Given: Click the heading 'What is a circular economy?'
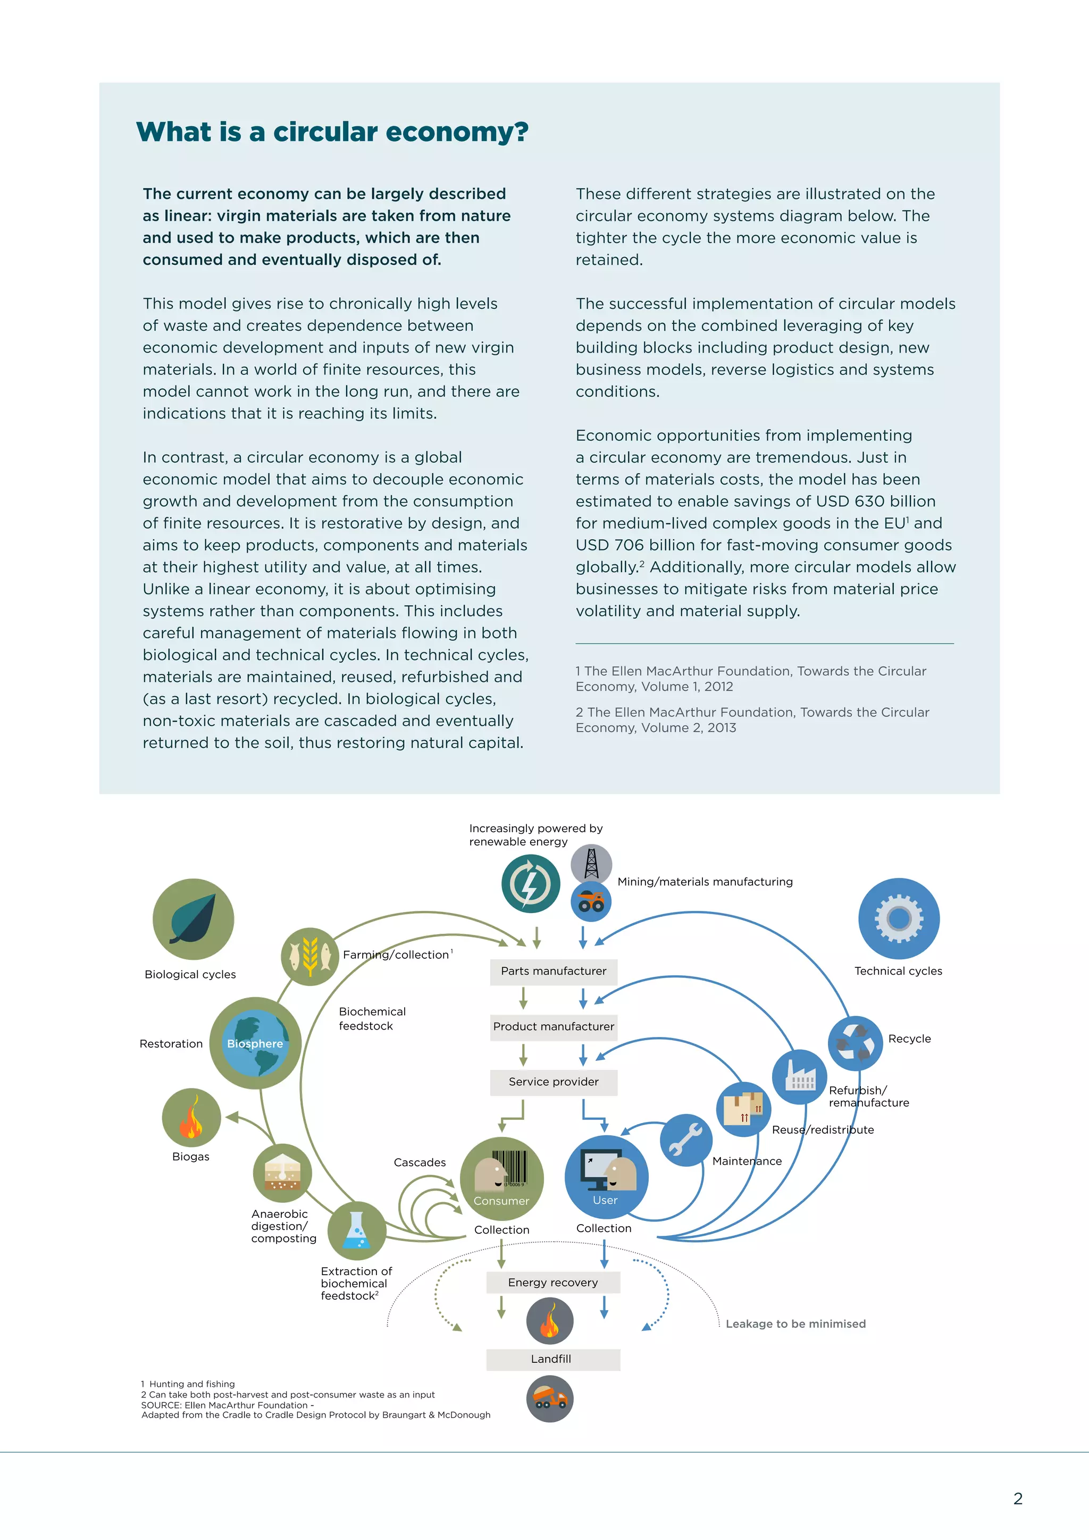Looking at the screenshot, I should (332, 132).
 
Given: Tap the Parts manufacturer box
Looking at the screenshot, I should (553, 971).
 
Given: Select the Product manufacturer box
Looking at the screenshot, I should (553, 1027).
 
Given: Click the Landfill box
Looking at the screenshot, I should (552, 1359).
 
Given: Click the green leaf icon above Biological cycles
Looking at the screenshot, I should (193, 919).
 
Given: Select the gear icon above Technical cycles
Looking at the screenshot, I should (899, 918).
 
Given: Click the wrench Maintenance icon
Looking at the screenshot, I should (685, 1140).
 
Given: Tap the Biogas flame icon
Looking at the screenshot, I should (191, 1117).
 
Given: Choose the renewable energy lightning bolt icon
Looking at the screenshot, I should (531, 883).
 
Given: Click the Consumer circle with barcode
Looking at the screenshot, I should (501, 1178).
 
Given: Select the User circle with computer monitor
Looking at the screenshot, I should (606, 1177).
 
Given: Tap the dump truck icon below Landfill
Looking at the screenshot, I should (550, 1399).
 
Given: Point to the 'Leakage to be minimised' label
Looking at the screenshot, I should (795, 1324).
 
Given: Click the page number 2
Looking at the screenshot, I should (1017, 1499).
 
